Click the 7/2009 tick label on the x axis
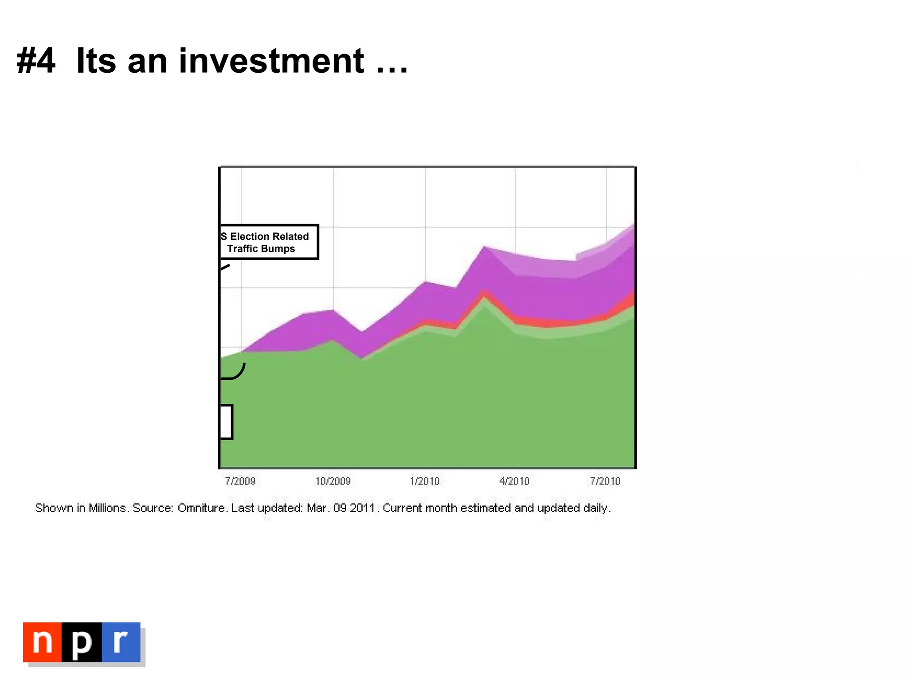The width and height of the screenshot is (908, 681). [x=240, y=481]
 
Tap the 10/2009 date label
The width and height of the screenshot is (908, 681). [x=333, y=481]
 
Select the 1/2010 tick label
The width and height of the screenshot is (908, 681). [x=425, y=481]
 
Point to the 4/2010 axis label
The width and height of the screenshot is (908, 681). [x=514, y=481]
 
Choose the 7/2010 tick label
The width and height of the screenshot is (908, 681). [x=605, y=481]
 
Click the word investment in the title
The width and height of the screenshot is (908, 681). [x=271, y=61]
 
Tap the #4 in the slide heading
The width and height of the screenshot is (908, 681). [x=36, y=61]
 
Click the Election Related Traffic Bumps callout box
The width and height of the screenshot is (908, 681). [x=269, y=242]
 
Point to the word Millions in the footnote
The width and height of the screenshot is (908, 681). [x=108, y=508]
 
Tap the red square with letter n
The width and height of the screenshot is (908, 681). [x=43, y=642]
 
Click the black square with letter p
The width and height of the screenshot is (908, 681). [x=82, y=642]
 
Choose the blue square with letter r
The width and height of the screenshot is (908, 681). [x=121, y=642]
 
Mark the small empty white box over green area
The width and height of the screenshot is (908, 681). [x=226, y=422]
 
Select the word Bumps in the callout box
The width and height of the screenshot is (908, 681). [x=278, y=249]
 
